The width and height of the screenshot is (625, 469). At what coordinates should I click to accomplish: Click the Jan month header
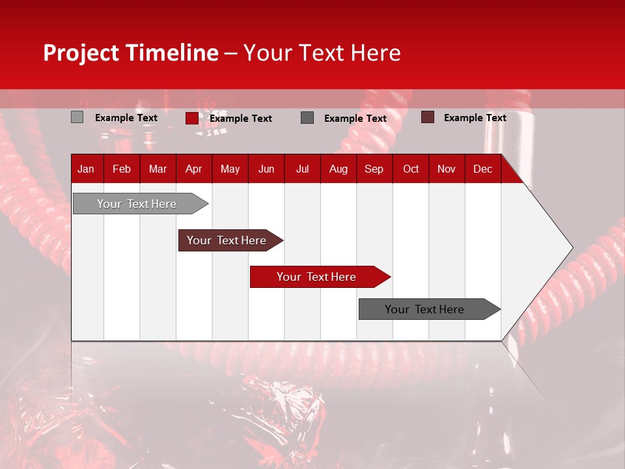point(86,169)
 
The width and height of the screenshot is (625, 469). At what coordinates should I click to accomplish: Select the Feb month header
point(122,169)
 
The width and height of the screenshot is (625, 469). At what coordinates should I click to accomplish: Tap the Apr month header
point(193,169)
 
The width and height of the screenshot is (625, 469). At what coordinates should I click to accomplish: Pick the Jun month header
point(266,169)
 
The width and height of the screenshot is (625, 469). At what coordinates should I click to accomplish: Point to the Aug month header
point(338,169)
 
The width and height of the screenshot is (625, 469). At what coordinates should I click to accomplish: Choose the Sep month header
point(374,169)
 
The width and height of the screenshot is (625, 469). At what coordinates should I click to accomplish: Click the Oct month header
point(411,169)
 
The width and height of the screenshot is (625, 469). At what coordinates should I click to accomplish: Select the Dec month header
point(482,169)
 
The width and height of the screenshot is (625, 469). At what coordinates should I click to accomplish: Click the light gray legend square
point(77,117)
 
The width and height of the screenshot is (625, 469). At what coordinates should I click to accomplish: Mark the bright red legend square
point(191,118)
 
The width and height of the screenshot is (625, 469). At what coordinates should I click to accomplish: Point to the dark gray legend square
point(307,118)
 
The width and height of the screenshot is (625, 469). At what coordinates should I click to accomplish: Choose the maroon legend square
point(427,117)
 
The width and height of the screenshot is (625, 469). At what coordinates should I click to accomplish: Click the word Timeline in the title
point(172,53)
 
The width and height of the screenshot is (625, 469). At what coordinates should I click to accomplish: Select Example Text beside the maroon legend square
point(475,118)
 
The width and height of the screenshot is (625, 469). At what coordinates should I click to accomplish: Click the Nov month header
point(446,169)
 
